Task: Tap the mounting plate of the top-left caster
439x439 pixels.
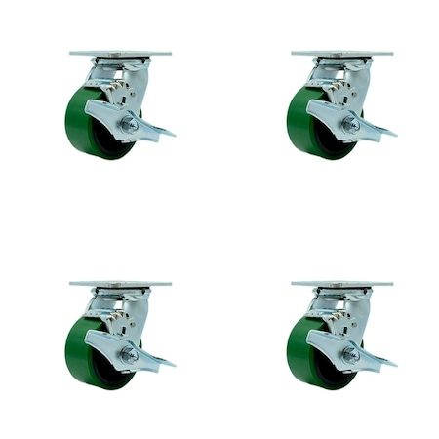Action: pyautogui.click(x=120, y=53)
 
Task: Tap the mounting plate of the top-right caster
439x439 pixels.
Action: pyautogui.click(x=341, y=53)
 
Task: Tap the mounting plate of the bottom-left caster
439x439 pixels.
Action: pyautogui.click(x=120, y=284)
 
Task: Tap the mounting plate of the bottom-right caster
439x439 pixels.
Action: pyautogui.click(x=341, y=284)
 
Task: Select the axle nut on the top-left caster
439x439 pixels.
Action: pyautogui.click(x=129, y=124)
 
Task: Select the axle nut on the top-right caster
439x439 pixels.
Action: pyautogui.click(x=350, y=124)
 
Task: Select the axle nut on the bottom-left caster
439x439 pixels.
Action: pyautogui.click(x=129, y=355)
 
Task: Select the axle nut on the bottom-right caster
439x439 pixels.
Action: pyautogui.click(x=350, y=355)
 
